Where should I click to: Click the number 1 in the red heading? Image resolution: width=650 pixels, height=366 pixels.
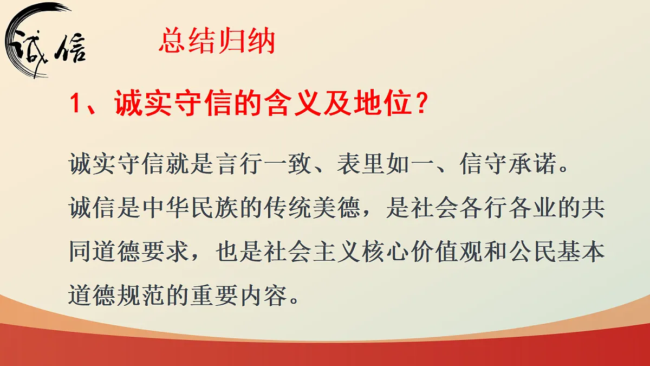click(x=76, y=105)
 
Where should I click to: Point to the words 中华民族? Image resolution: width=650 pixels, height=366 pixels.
click(x=190, y=208)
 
